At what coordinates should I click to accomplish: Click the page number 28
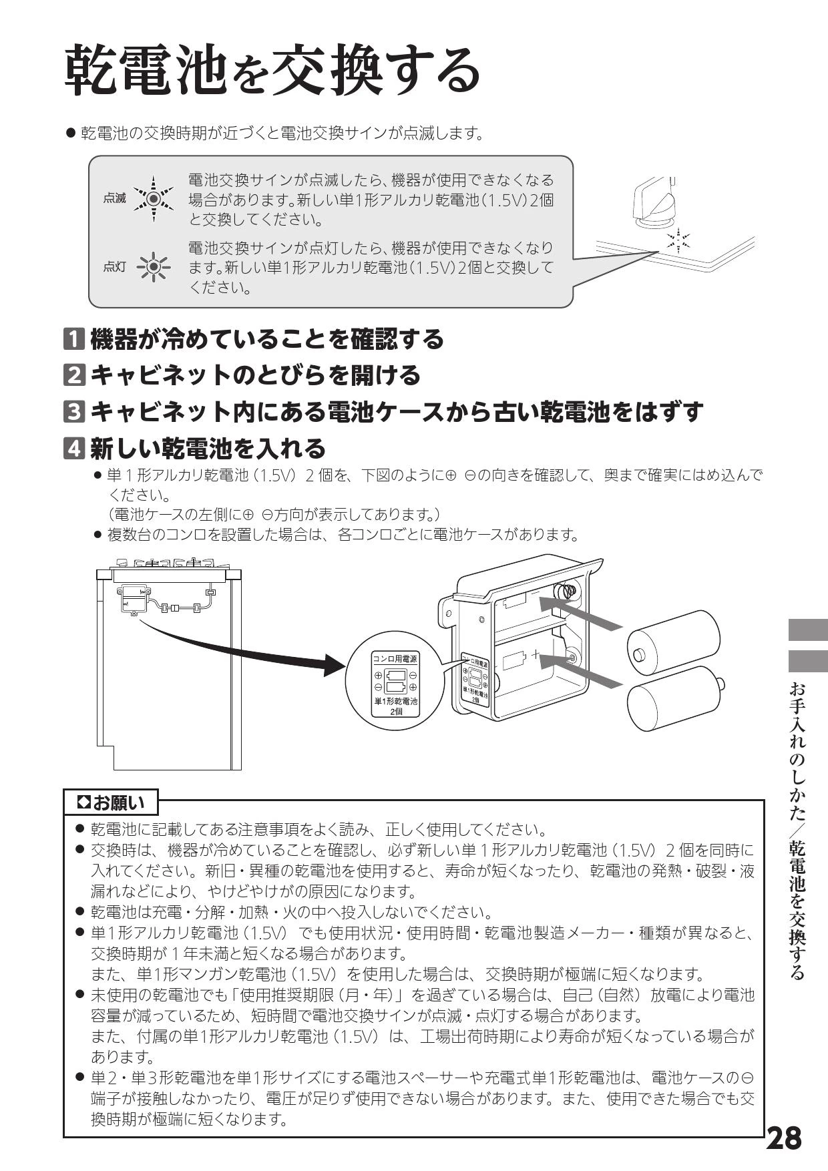(784, 1138)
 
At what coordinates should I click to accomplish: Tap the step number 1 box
(74, 339)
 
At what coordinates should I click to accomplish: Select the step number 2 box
(74, 375)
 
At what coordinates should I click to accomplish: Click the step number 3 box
(74, 411)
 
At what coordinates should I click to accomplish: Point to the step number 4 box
(74, 448)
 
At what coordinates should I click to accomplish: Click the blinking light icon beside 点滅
(154, 198)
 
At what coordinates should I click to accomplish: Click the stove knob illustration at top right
(654, 200)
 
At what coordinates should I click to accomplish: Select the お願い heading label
(112, 802)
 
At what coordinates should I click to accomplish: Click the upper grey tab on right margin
(808, 630)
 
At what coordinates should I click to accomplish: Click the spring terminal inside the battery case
(568, 591)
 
